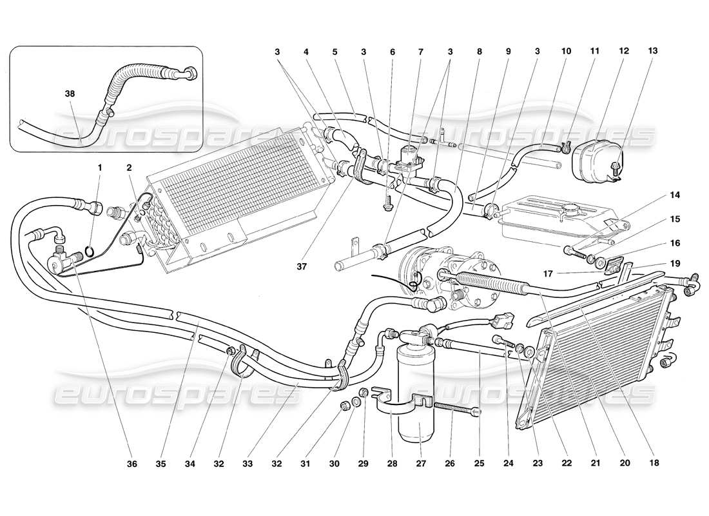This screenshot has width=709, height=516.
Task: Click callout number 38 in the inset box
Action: point(70,94)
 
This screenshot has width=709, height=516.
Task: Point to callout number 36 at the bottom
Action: point(132,462)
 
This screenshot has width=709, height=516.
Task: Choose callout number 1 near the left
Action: point(100,168)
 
